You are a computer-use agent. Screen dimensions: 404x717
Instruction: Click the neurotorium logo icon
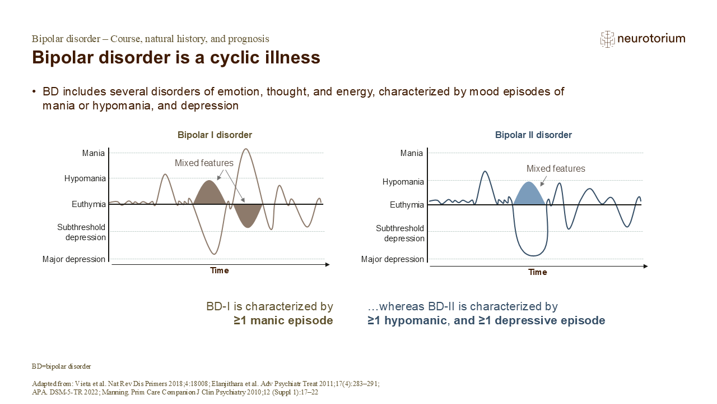[607, 39]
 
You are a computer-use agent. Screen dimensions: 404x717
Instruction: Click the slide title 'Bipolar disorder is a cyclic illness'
[176, 58]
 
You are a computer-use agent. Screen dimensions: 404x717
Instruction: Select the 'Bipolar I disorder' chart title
[215, 135]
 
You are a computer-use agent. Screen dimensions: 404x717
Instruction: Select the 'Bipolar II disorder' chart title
[533, 135]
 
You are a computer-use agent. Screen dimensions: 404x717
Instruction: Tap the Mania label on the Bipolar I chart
[93, 153]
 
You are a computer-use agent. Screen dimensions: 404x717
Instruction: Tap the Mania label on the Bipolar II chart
[412, 153]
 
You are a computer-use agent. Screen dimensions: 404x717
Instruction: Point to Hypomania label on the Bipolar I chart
[85, 178]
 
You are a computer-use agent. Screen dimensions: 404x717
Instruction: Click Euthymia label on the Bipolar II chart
[407, 205]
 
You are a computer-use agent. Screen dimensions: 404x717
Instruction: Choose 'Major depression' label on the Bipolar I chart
[74, 259]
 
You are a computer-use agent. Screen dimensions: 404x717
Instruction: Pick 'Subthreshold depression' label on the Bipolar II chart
[400, 233]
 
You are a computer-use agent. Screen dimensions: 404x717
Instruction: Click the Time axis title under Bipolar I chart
[220, 270]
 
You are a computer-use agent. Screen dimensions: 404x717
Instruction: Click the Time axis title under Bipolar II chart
[538, 272]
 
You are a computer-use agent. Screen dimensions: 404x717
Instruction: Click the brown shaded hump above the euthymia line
[209, 194]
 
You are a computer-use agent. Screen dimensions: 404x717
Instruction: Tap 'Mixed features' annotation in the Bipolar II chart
[556, 168]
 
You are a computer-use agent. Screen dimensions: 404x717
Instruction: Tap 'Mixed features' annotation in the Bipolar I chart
[204, 163]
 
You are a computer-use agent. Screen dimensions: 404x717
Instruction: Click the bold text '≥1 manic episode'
[283, 321]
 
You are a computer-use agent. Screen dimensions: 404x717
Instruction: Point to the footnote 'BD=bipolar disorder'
[61, 366]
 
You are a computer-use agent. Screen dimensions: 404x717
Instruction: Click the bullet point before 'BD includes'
[35, 92]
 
